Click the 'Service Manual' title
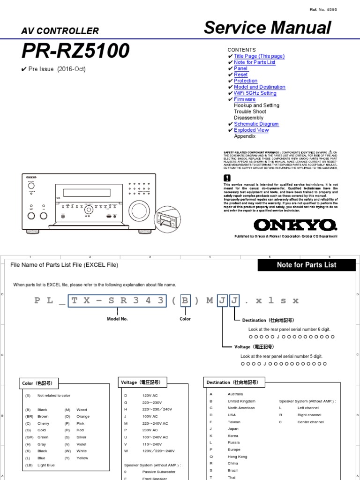[x=268, y=29]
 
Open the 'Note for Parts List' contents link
[x=255, y=62]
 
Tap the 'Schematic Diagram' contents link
[x=256, y=124]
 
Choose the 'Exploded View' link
[x=251, y=130]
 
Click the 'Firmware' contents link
[x=245, y=99]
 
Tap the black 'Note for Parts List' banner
[x=307, y=265]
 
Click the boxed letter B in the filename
[x=186, y=300]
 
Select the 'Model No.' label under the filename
[x=117, y=319]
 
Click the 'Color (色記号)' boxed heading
[x=37, y=383]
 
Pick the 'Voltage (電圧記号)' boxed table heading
[x=141, y=382]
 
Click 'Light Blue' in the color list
[x=46, y=465]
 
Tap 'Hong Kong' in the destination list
[x=237, y=457]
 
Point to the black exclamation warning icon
[x=227, y=178]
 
